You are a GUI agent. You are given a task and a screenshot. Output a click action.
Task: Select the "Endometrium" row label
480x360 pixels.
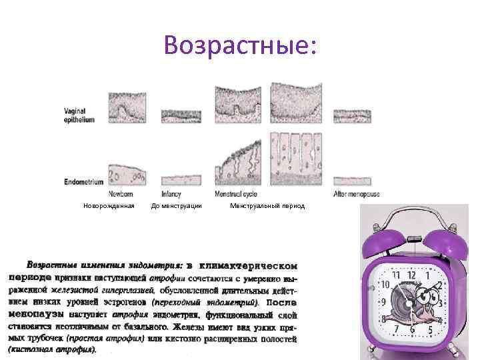click(x=84, y=181)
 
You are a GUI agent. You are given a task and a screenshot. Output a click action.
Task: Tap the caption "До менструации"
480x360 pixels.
click(x=177, y=206)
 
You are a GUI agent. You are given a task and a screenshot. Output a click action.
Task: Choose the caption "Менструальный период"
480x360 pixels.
click(x=267, y=206)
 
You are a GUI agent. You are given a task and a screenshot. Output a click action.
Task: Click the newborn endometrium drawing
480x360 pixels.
click(x=127, y=174)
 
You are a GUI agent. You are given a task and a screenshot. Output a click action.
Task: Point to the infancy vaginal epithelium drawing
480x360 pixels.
click(x=181, y=115)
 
